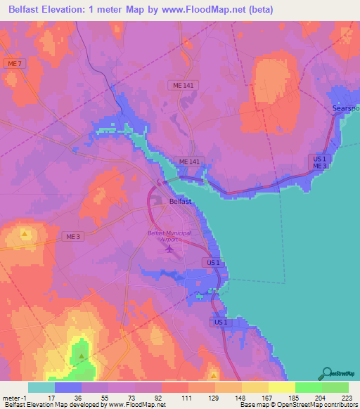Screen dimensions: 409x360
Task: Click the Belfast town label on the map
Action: click(x=179, y=200)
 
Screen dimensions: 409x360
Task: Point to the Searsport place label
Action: click(x=345, y=110)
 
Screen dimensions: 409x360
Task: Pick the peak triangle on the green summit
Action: click(x=82, y=356)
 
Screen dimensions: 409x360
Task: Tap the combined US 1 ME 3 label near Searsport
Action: click(x=320, y=162)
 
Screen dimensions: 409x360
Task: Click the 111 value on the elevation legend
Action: click(x=188, y=397)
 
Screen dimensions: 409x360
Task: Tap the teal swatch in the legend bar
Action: click(x=41, y=387)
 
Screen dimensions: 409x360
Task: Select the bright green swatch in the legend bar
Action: click(x=309, y=387)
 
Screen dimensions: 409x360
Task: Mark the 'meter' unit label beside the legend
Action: click(x=11, y=397)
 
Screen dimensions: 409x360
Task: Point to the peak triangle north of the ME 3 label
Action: click(x=25, y=233)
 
